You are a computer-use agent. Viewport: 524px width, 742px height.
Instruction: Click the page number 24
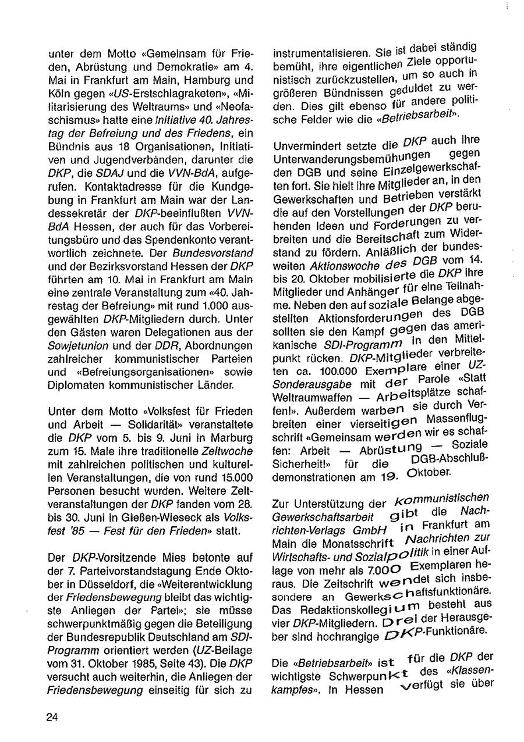52,716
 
